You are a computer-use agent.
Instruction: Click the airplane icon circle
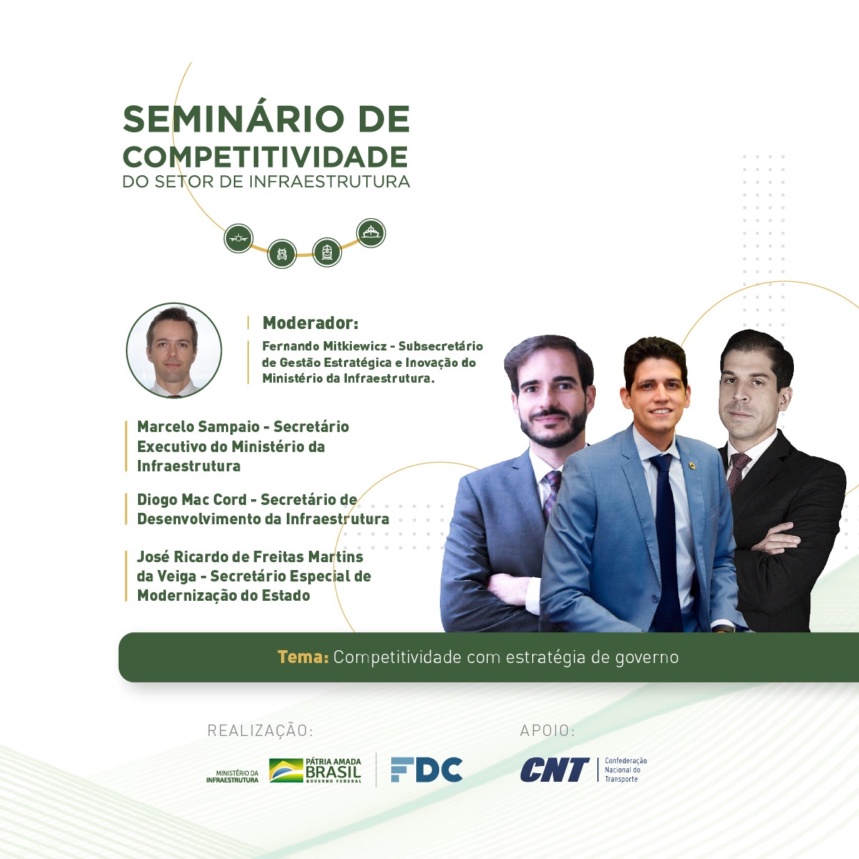click(x=238, y=238)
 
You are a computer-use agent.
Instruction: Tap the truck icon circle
click(x=282, y=254)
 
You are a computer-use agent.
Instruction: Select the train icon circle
click(x=327, y=252)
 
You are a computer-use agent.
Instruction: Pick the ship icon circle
click(x=371, y=232)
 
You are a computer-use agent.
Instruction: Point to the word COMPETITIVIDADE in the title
click(x=265, y=157)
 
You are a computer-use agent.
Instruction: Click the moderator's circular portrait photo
click(x=174, y=350)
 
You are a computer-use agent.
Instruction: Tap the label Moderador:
click(x=310, y=323)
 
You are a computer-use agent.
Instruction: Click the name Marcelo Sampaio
click(x=198, y=426)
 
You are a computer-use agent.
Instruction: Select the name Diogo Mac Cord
click(x=192, y=500)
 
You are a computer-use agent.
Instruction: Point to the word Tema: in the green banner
click(x=303, y=657)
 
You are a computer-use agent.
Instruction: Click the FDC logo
click(x=426, y=770)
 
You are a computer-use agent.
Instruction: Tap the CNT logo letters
click(x=554, y=770)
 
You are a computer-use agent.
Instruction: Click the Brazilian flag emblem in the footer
click(x=286, y=770)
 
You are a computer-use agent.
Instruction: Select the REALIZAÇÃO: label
click(x=260, y=731)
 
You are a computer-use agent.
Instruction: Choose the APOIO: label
click(x=547, y=730)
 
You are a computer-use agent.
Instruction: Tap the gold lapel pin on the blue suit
click(x=692, y=466)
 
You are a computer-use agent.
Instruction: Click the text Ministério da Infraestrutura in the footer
click(x=232, y=777)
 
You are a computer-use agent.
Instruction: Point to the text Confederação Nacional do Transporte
click(x=625, y=770)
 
